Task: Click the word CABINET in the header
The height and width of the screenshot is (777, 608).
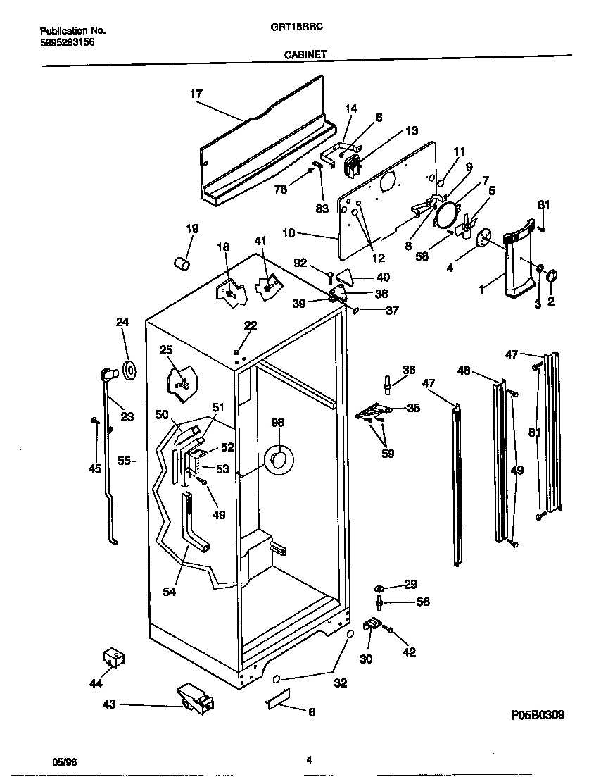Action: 305,53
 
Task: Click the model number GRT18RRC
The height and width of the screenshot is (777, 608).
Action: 304,30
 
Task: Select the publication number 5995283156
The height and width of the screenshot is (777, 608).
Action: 68,42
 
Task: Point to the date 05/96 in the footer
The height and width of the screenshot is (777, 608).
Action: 63,761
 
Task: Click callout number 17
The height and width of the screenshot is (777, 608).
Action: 196,94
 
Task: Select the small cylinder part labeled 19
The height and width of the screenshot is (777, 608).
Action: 183,263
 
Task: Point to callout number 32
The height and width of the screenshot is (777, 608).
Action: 340,683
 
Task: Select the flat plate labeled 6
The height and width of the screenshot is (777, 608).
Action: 279,705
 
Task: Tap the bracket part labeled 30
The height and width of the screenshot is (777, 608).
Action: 371,624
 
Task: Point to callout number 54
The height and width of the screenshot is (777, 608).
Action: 169,592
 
